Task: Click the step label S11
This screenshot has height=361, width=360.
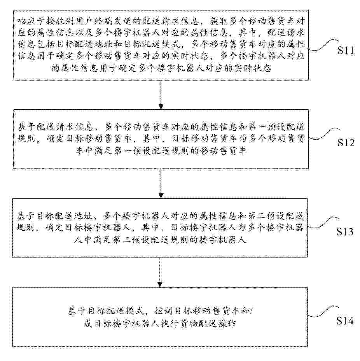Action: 346,50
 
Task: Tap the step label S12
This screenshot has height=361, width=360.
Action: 346,142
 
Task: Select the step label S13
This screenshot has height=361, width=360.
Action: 345,231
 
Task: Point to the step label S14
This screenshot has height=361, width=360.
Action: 345,321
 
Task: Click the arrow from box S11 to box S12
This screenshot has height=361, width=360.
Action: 161,95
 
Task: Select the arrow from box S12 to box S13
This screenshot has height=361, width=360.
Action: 161,184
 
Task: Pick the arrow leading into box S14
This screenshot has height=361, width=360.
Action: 160,272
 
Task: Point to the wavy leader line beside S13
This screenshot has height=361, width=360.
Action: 323,223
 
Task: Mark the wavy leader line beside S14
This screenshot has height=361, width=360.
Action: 323,312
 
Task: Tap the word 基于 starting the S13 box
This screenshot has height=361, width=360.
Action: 26,216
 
